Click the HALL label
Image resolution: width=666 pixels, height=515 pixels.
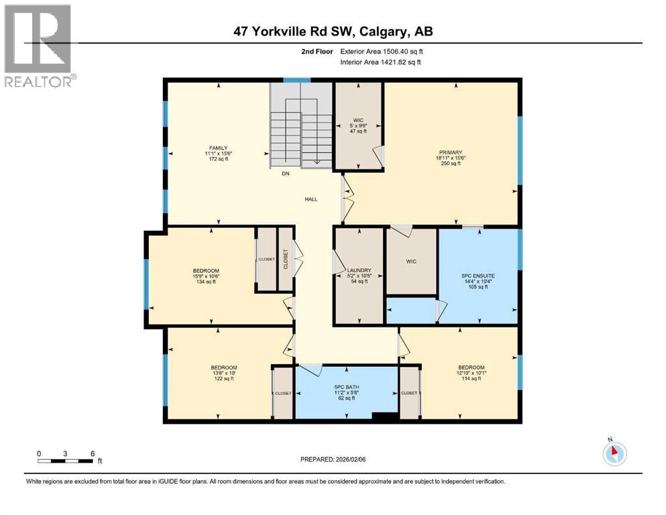coord(311,199)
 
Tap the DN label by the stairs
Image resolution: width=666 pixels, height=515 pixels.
coord(285,173)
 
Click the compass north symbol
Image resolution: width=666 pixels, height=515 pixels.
coord(614,453)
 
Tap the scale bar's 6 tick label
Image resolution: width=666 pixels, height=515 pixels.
coord(91,453)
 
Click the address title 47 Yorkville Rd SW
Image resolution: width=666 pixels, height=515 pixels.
coord(333,31)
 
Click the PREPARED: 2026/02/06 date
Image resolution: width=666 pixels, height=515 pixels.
coord(333,459)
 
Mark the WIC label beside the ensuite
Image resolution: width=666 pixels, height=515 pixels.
coord(411,262)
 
